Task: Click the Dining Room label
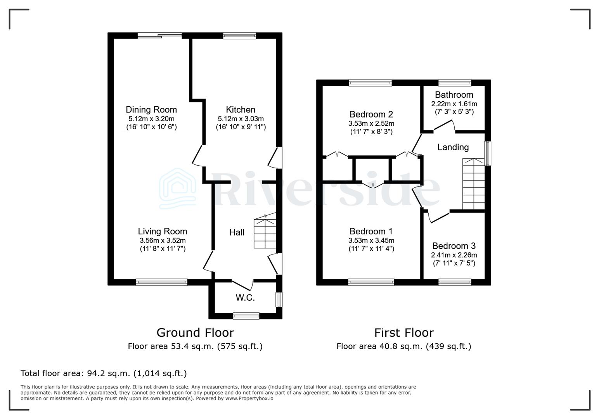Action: tap(151, 110)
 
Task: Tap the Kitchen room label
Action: tap(241, 110)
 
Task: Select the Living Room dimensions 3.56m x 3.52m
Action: tap(163, 240)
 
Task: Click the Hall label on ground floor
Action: tap(237, 232)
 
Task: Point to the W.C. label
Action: tap(245, 298)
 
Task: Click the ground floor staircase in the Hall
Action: tap(265, 233)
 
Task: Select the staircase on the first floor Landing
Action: tap(474, 184)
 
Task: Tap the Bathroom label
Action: tap(454, 95)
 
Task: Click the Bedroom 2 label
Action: tap(371, 114)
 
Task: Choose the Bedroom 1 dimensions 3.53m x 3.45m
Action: tap(371, 241)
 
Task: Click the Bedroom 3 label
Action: tap(454, 246)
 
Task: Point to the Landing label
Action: tap(453, 147)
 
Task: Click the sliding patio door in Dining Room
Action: tap(159, 36)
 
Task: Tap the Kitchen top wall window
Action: tap(239, 36)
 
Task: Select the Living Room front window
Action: tap(161, 282)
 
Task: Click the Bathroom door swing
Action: tap(445, 125)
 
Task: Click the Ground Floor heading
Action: tap(195, 332)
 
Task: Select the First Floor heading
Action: tap(403, 332)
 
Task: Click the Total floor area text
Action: tap(104, 373)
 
